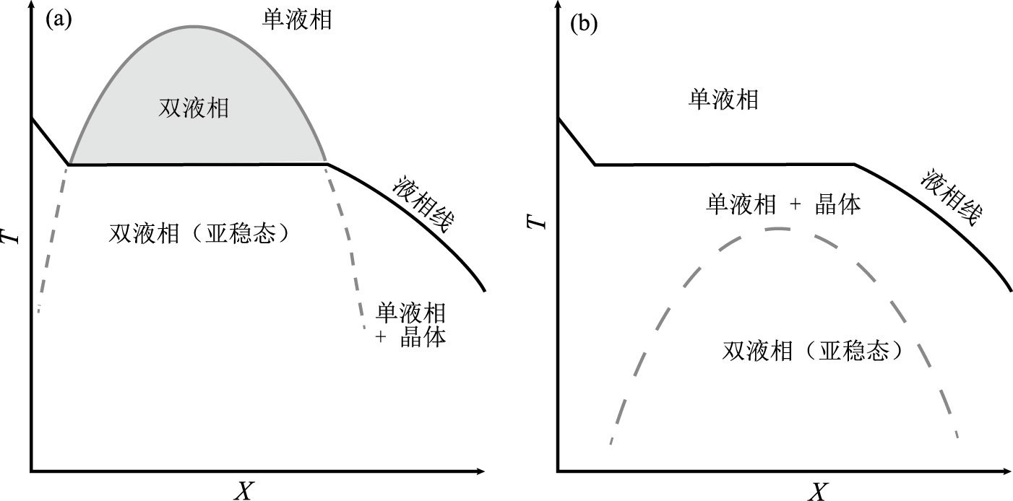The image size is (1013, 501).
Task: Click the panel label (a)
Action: (59, 19)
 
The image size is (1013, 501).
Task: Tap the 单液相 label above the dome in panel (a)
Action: (296, 19)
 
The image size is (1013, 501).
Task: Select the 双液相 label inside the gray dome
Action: (194, 108)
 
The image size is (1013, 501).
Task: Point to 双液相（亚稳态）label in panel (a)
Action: (203, 233)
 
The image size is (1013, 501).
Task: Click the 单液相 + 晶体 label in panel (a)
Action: (410, 325)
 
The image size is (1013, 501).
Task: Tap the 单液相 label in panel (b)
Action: (723, 99)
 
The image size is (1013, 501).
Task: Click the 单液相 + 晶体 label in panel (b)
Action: (783, 204)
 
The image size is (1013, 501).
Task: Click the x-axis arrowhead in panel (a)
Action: (480, 472)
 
